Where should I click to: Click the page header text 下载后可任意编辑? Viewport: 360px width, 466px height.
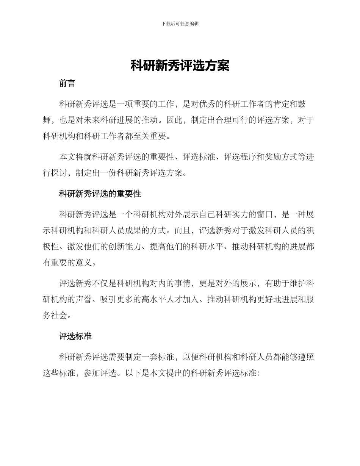click(x=180, y=23)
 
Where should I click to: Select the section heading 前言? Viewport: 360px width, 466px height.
click(x=67, y=84)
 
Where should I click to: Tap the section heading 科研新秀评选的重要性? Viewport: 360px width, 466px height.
click(x=100, y=194)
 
